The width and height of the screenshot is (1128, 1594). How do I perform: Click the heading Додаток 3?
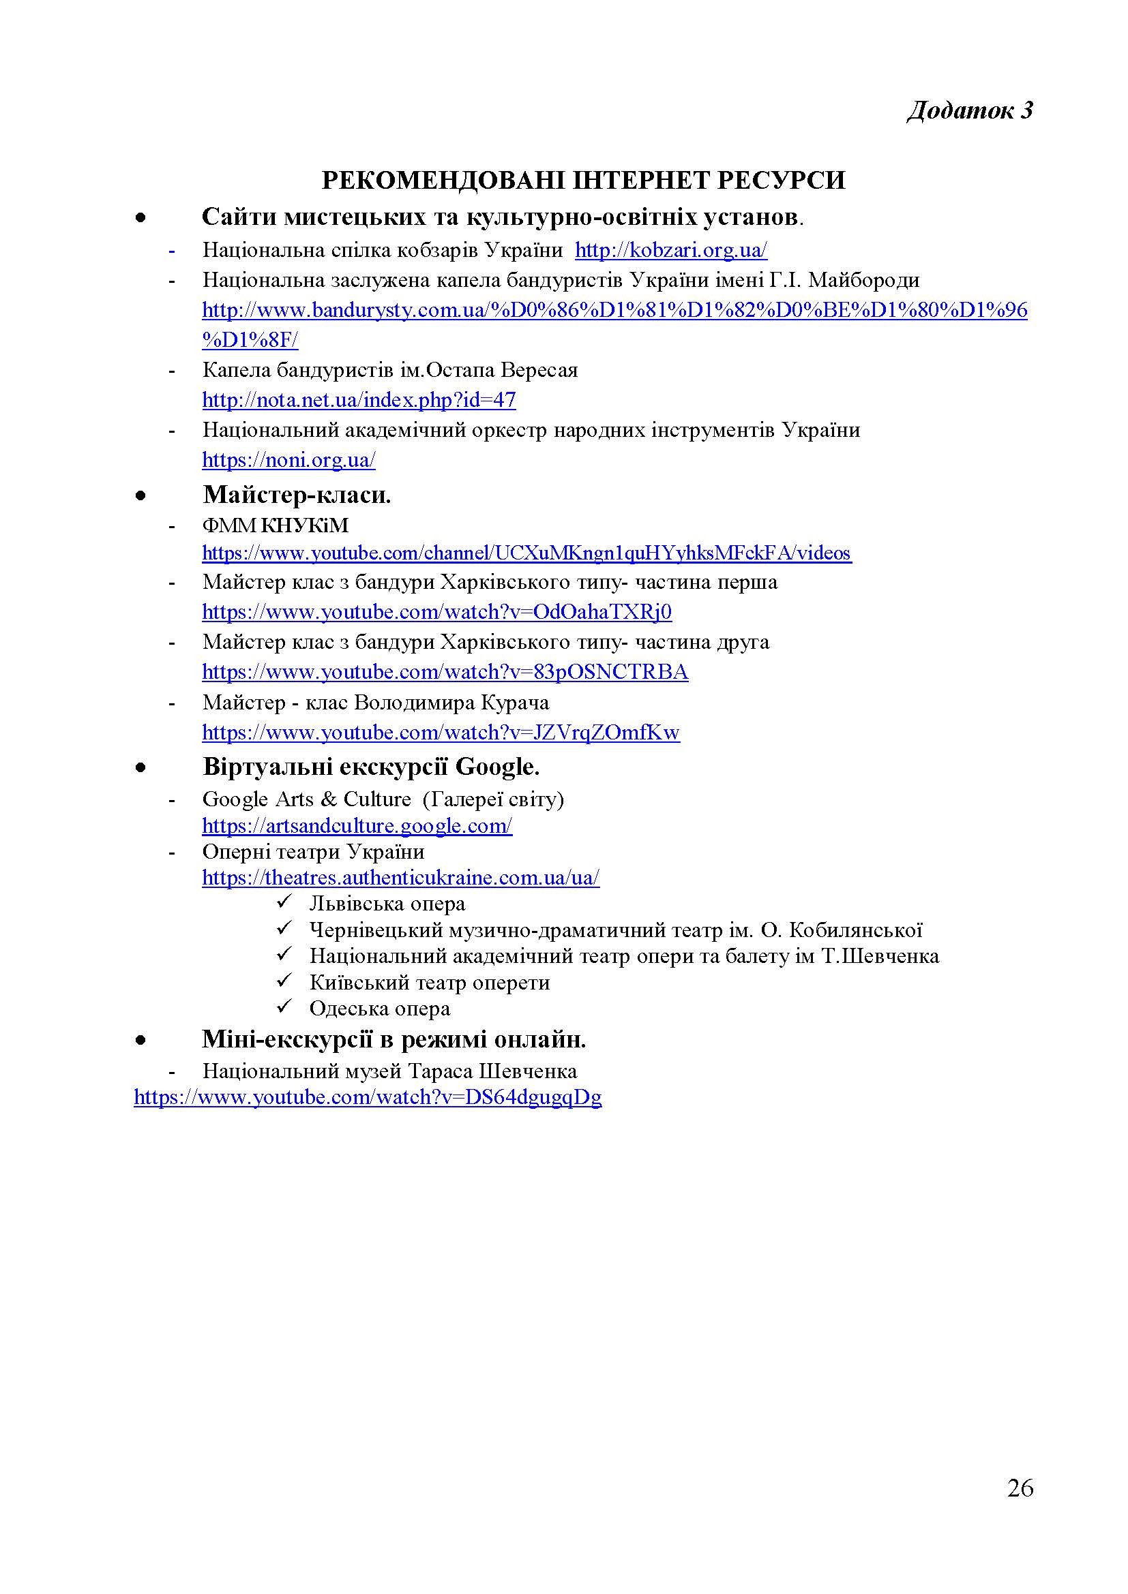point(970,111)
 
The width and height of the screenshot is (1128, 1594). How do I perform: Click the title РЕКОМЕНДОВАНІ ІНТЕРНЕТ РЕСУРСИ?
point(584,181)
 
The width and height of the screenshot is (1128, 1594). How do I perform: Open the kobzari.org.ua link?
point(671,250)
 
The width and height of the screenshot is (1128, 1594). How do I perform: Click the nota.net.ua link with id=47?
point(359,400)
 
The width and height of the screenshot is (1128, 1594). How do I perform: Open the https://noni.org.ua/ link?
point(288,459)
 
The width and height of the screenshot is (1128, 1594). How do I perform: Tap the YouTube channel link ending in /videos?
point(526,553)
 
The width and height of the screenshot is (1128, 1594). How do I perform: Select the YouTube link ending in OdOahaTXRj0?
point(437,611)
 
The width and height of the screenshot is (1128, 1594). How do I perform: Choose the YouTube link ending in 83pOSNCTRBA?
point(445,672)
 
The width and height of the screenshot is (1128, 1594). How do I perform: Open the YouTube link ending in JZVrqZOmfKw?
point(441,733)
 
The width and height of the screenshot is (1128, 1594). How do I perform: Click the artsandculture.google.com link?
point(357,825)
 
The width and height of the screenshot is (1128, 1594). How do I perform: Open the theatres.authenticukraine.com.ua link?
point(401,878)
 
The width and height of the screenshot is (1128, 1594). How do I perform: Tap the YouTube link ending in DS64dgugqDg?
point(368,1097)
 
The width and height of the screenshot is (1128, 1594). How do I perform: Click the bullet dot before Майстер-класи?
point(141,495)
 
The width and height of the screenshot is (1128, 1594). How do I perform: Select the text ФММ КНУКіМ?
point(275,525)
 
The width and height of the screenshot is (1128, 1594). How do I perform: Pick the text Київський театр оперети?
point(429,983)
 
